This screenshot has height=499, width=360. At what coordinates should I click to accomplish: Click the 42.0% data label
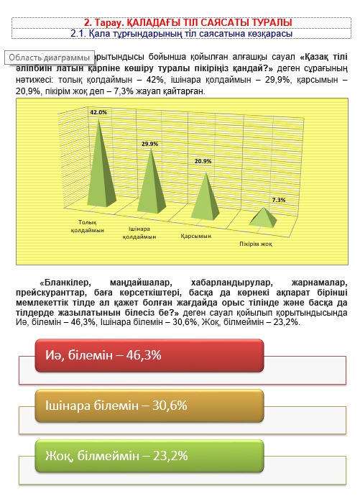click(98, 112)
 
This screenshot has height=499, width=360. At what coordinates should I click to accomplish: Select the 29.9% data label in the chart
click(149, 144)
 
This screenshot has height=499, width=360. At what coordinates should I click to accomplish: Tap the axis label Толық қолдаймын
click(88, 226)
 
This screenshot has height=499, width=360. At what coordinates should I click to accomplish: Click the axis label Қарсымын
click(195, 236)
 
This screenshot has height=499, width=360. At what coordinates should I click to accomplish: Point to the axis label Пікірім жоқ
click(256, 244)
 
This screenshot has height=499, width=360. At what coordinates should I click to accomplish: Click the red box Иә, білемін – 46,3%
click(149, 354)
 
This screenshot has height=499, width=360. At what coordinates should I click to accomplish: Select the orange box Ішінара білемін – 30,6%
click(149, 405)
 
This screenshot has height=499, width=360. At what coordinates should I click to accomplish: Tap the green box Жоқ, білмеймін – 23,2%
click(149, 454)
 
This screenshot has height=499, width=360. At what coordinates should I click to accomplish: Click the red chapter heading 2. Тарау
click(179, 23)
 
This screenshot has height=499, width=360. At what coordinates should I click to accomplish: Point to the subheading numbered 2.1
click(179, 33)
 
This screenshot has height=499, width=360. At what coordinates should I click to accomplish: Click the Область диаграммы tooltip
click(49, 57)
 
